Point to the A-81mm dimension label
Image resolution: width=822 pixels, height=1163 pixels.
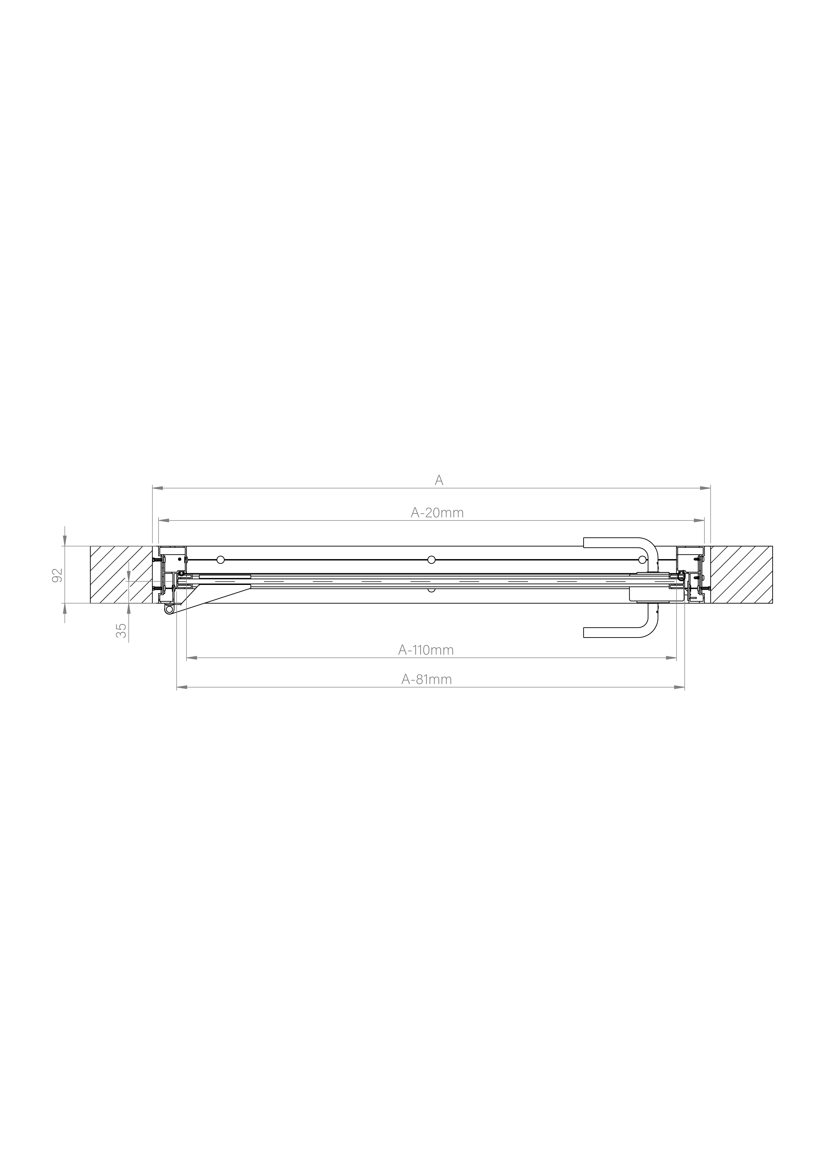coord(426,679)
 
